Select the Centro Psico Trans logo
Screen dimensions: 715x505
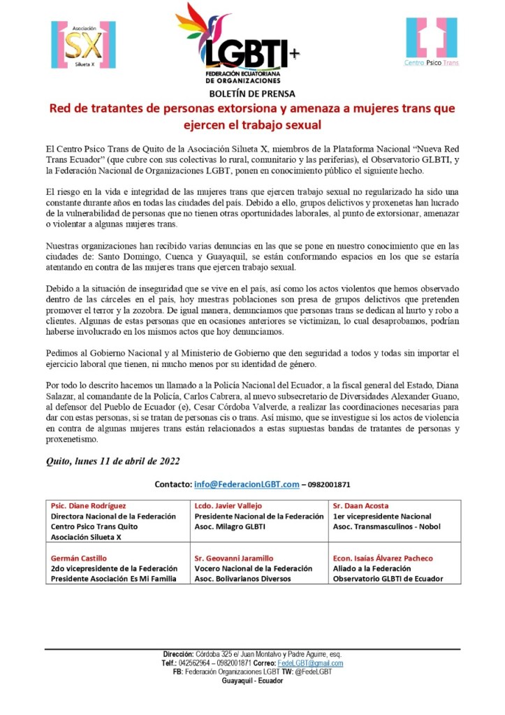click(x=432, y=42)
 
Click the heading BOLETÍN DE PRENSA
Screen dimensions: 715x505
click(x=252, y=93)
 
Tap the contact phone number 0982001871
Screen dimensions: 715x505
click(x=327, y=484)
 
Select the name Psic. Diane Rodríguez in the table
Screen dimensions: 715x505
click(x=87, y=505)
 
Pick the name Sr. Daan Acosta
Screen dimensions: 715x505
click(x=361, y=505)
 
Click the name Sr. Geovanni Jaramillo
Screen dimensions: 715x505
click(x=235, y=558)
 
